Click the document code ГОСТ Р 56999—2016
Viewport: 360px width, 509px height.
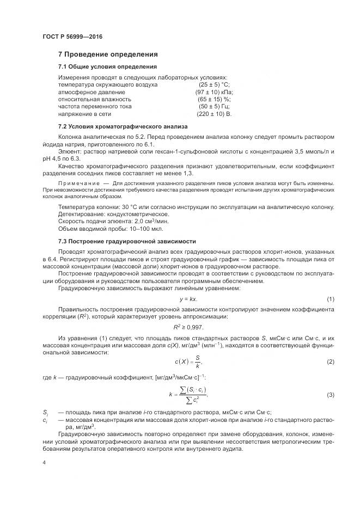click(72, 37)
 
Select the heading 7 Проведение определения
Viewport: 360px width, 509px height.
click(108, 54)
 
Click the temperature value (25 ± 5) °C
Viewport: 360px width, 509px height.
click(214, 85)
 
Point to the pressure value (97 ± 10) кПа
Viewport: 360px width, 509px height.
click(214, 93)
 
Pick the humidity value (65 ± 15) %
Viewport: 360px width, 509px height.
click(214, 100)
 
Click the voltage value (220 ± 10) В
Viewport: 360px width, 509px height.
click(214, 115)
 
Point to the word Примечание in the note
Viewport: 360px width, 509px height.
click(78, 183)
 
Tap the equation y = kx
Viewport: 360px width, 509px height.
click(188, 300)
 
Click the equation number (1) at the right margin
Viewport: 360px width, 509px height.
click(330, 300)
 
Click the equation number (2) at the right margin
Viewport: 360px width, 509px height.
click(330, 361)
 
